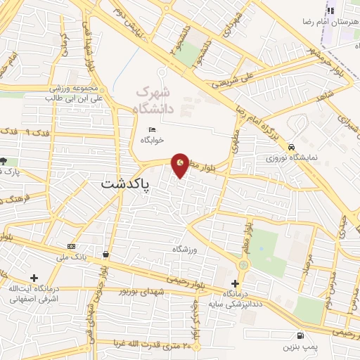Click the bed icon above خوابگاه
point(153,129)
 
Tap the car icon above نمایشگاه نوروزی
point(291,147)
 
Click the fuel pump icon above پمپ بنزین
point(300,336)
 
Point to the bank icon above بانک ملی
point(71,247)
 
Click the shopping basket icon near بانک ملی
point(105,254)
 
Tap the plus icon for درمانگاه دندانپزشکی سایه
point(236,283)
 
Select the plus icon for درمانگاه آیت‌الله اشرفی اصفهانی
point(34,279)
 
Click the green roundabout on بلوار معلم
point(243,265)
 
